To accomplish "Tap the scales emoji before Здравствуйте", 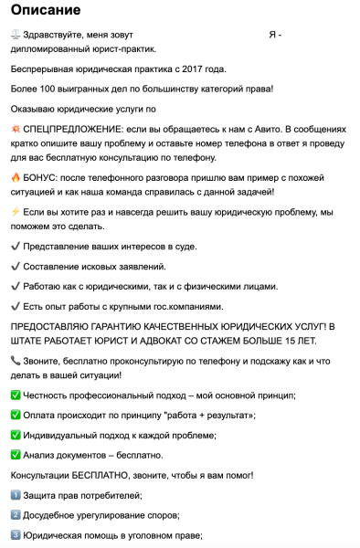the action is pos(16,35).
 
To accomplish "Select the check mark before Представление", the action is pos(16,246).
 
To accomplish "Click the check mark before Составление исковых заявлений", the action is pos(16,266).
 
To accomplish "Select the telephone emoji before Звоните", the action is pos(16,361).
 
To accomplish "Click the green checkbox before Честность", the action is pos(16,395).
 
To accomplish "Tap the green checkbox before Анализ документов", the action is pos(16,454).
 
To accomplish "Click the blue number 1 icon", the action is pos(16,495).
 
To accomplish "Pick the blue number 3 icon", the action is pos(16,535).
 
